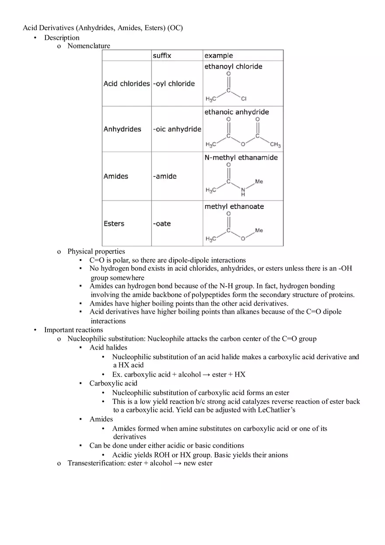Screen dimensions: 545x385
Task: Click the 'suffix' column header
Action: [x=162, y=56]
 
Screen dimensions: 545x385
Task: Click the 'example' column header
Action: [x=218, y=56]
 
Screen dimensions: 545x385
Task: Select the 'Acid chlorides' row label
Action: [x=126, y=83]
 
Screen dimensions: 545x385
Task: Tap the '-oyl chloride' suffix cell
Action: [x=174, y=83]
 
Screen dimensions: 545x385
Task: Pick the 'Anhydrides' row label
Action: [x=122, y=129]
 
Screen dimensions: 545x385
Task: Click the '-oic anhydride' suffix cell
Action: [x=177, y=129]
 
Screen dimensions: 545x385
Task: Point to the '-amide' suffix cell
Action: [x=164, y=176]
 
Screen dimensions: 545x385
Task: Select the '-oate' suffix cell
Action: [x=161, y=223]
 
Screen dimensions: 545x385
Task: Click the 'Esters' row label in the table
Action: [x=114, y=223]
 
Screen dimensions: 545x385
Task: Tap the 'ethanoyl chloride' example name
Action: [x=233, y=66]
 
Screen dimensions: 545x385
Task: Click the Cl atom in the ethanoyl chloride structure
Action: [x=244, y=99]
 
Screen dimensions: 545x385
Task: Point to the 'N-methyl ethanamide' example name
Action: [x=241, y=157]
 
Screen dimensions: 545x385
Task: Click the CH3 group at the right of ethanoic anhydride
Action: [x=275, y=145]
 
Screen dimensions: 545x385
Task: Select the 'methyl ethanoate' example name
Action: [x=234, y=206]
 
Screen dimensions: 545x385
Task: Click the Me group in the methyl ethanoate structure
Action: [x=259, y=230]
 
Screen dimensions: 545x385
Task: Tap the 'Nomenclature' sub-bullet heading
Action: [x=89, y=46]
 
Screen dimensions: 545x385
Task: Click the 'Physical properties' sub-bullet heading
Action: [x=96, y=251]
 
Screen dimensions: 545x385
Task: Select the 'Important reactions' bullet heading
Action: [x=73, y=330]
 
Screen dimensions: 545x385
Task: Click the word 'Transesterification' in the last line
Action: [x=96, y=463]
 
